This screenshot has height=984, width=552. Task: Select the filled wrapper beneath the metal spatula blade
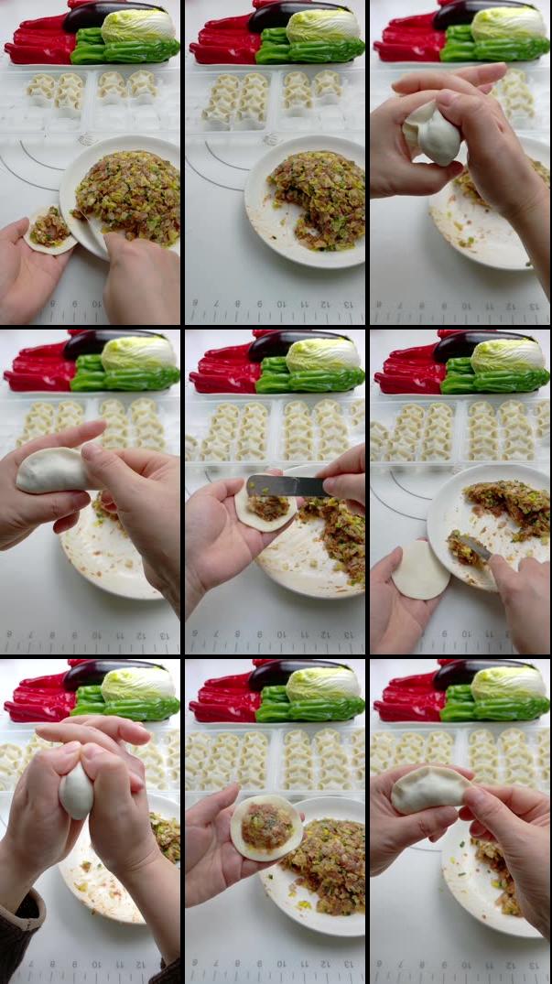(265, 508)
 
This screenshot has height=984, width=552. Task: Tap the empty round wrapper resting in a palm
(421, 569)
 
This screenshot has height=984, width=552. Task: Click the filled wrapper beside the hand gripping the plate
(49, 229)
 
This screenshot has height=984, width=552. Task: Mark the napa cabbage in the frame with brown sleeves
(137, 683)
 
